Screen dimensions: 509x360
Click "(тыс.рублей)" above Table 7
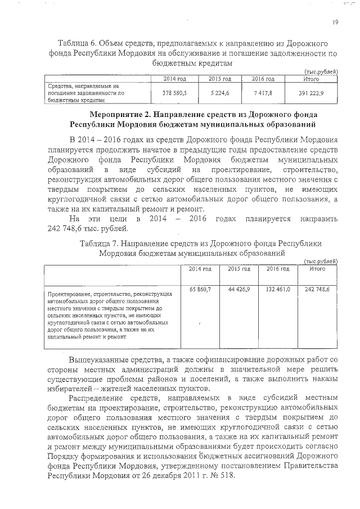coord(320,262)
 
